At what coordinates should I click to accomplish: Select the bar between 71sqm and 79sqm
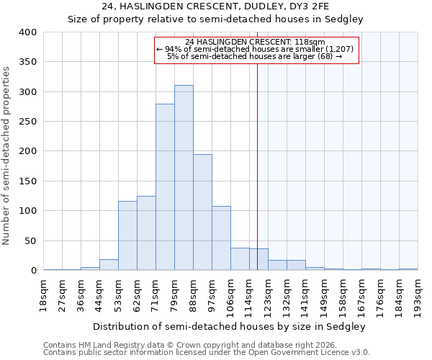[x=165, y=187]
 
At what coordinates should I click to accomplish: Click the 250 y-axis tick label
[x=27, y=122]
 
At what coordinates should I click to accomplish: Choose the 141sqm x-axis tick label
[x=306, y=295]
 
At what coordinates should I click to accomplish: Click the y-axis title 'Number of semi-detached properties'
[x=6, y=155]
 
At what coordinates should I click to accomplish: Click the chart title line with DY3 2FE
[x=215, y=6]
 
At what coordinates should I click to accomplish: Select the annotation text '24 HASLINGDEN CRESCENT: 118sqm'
[x=256, y=42]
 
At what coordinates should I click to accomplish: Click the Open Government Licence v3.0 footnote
[x=207, y=352]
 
